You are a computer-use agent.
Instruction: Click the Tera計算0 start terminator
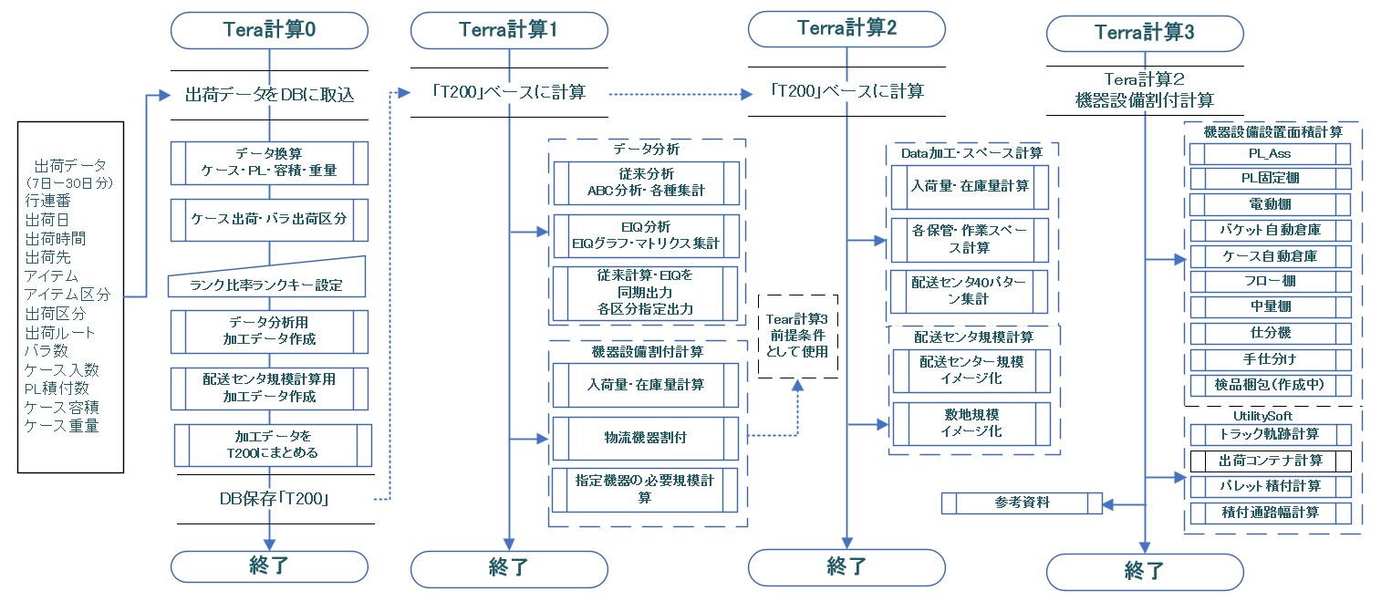[269, 30]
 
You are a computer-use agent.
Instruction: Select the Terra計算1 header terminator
[508, 30]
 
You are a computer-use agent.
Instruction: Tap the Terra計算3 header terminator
[1144, 34]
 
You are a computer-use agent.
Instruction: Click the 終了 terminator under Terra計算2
[846, 566]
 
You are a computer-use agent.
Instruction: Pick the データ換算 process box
[268, 162]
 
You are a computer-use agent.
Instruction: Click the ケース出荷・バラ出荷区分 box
[268, 219]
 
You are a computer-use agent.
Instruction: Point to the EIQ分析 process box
[646, 234]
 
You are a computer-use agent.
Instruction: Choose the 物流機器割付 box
[646, 438]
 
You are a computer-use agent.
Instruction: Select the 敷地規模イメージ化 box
[971, 424]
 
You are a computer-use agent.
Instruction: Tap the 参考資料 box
[1022, 503]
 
